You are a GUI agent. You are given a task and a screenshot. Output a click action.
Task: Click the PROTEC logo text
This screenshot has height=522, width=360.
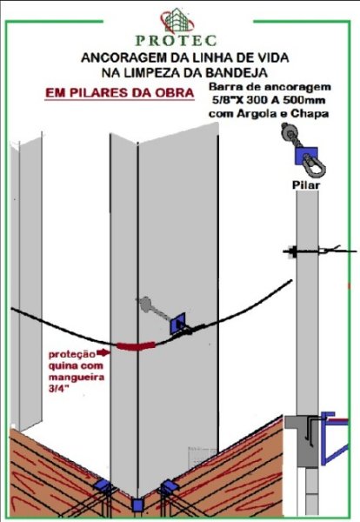tap(176, 41)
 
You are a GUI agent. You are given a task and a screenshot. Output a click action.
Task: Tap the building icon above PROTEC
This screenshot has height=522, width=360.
tap(177, 22)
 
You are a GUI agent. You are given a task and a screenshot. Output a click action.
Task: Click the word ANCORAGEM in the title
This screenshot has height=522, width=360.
tap(123, 57)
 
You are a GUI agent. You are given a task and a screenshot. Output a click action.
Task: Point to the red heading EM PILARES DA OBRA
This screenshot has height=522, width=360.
tap(120, 92)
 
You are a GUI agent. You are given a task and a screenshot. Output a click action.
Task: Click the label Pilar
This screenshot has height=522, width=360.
tap(306, 184)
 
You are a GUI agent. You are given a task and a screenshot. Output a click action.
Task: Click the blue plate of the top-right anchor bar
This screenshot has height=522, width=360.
tap(306, 156)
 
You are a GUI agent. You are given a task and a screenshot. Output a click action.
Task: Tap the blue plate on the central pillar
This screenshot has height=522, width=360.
tap(177, 324)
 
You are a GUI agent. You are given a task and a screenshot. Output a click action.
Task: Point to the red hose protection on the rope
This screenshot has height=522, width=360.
tap(136, 345)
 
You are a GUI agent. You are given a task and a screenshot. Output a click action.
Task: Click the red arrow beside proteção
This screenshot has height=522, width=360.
tap(103, 352)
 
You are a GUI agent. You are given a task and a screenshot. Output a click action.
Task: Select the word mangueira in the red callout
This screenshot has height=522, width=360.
tap(77, 378)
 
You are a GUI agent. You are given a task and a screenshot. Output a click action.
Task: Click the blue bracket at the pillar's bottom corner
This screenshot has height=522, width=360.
tap(137, 505)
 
